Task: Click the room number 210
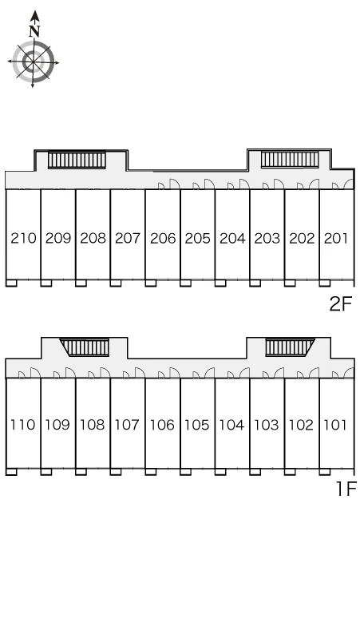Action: click(23, 238)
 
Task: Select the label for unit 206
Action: click(163, 238)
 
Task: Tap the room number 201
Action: click(336, 238)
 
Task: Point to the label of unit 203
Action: click(267, 238)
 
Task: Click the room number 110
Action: click(23, 425)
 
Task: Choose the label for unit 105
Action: click(197, 425)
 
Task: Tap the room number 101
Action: click(335, 425)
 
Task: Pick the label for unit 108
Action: click(93, 425)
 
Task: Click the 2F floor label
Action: click(340, 303)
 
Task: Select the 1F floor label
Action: click(346, 489)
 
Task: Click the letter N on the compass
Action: click(35, 30)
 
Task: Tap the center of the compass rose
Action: click(33, 61)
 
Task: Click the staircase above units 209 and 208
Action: click(77, 160)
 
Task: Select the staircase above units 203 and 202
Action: click(290, 160)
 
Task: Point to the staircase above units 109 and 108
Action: click(85, 347)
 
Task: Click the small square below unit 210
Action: click(11, 283)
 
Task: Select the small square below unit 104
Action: click(220, 472)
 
